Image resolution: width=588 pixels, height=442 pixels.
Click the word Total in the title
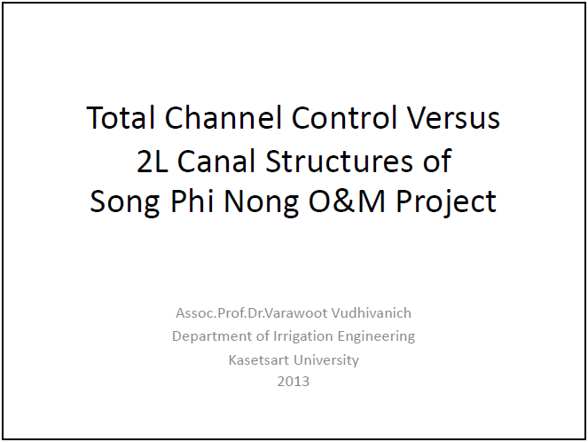click(121, 117)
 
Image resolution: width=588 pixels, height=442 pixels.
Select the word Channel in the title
click(223, 117)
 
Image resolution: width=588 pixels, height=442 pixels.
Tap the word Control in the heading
click(344, 117)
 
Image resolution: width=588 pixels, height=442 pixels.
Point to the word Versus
click(453, 118)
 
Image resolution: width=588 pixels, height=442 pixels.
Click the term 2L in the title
click(153, 161)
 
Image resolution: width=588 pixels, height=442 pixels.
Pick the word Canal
click(216, 161)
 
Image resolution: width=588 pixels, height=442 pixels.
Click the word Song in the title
click(125, 201)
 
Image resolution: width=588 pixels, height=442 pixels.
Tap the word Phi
click(192, 201)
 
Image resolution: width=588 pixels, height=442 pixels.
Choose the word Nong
click(261, 201)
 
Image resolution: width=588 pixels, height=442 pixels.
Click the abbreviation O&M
click(347, 201)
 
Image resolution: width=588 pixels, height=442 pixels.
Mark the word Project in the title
click(446, 201)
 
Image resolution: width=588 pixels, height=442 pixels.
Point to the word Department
click(212, 336)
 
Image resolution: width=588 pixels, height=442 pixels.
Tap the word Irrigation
click(303, 336)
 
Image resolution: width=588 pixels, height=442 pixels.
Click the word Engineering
click(376, 336)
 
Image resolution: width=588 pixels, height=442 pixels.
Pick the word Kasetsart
click(259, 359)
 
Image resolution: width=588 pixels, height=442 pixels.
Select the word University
click(326, 360)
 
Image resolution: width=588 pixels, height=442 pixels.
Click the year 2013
click(294, 382)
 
